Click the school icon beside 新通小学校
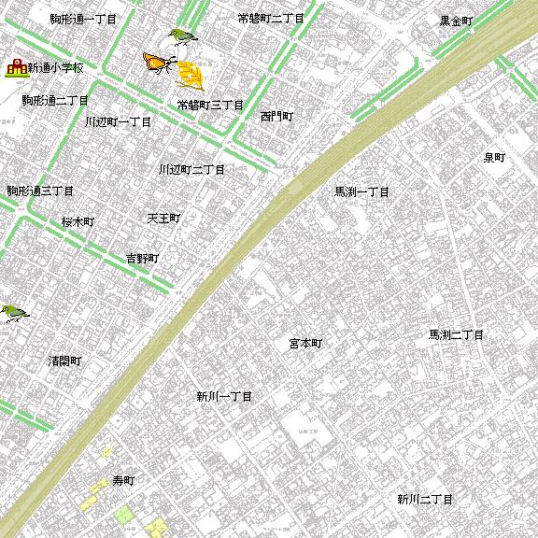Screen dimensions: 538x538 click(x=15, y=68)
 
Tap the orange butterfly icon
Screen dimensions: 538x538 click(x=158, y=63)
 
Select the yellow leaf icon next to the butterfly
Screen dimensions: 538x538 click(x=191, y=74)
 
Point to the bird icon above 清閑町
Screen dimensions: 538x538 click(x=13, y=313)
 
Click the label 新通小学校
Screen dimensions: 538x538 click(x=56, y=68)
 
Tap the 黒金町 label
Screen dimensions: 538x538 click(x=457, y=21)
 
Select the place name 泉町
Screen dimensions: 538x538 click(x=494, y=158)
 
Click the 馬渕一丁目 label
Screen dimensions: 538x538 click(x=361, y=191)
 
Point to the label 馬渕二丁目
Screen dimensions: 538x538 click(x=456, y=334)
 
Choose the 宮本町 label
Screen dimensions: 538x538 click(x=304, y=344)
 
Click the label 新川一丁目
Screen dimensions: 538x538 click(x=224, y=397)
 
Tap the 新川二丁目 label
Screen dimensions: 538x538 click(x=424, y=499)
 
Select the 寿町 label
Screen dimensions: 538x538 click(x=123, y=481)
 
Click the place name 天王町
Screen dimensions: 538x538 click(x=163, y=219)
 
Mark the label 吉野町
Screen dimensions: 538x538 click(x=142, y=258)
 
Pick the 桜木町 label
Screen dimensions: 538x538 click(x=78, y=222)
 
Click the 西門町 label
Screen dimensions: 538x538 click(x=276, y=117)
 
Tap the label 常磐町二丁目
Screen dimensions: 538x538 click(x=271, y=18)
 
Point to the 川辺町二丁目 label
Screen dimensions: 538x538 click(x=191, y=170)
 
